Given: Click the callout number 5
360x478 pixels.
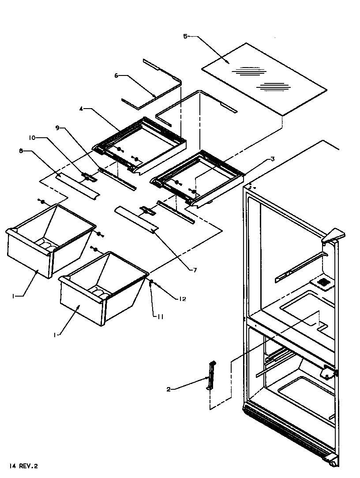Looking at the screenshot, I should (185, 36).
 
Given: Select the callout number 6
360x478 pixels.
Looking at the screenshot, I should (116, 75).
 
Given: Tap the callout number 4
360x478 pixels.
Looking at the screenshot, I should (82, 109).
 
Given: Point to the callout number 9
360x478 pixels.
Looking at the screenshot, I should (57, 128).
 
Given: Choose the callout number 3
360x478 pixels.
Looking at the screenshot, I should (273, 158).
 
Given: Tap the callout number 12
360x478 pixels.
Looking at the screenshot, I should (182, 299).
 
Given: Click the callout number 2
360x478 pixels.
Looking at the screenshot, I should (169, 389).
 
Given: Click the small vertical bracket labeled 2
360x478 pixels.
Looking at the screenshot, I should (211, 376).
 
